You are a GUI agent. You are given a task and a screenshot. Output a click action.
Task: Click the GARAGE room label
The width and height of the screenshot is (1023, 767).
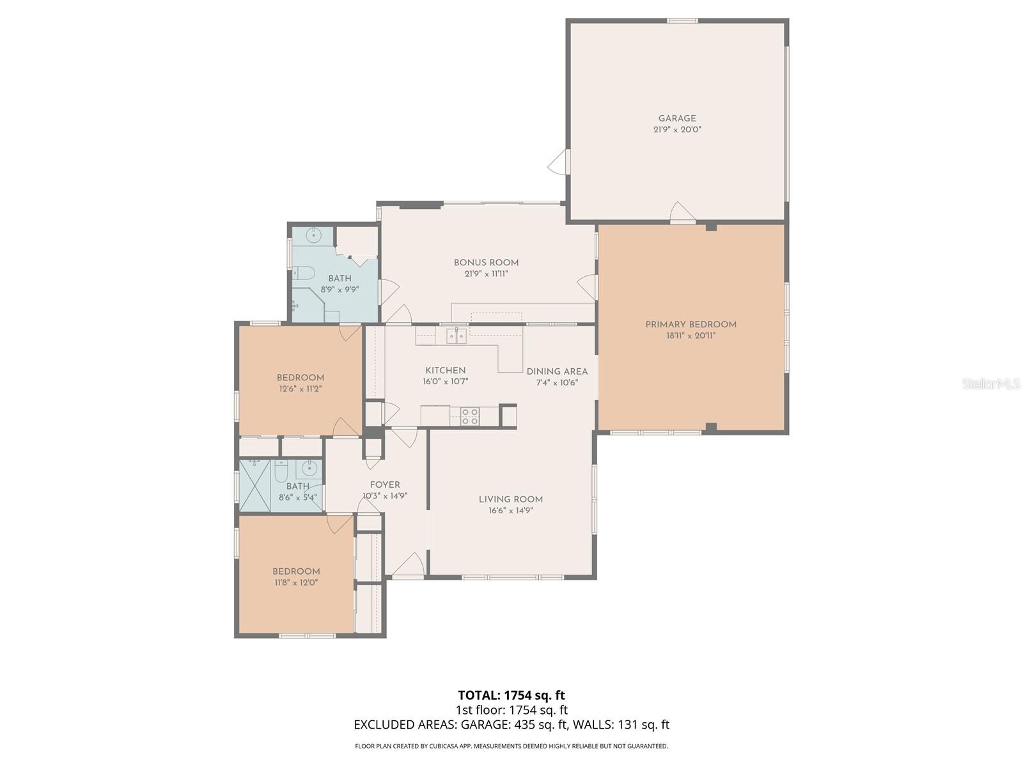[677, 118]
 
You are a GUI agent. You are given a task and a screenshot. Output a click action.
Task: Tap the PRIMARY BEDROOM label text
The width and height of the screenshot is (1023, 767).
[691, 324]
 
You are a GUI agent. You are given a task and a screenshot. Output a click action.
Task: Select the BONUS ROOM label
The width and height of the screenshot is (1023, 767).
[486, 262]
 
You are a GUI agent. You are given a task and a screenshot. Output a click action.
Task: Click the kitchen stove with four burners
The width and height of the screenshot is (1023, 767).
[470, 416]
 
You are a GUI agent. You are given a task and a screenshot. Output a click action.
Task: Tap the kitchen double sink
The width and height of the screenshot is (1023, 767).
[456, 335]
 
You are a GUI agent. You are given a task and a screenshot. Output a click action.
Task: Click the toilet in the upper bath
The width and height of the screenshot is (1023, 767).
[304, 274]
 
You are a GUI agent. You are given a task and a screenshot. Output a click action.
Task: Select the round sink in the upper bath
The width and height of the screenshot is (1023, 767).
[314, 235]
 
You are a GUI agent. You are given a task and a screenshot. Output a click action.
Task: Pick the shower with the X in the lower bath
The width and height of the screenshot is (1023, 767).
[255, 485]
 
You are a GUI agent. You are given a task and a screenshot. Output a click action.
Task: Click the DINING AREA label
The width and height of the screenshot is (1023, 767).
[557, 371]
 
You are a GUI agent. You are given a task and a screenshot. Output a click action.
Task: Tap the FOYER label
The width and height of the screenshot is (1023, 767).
[385, 484]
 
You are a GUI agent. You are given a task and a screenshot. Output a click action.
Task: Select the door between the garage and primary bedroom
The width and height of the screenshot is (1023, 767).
[682, 213]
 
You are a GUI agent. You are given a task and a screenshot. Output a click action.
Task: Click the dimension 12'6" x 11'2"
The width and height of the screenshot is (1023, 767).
[300, 389]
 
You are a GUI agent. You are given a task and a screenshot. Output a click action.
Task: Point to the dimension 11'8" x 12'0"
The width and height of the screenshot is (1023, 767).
[296, 583]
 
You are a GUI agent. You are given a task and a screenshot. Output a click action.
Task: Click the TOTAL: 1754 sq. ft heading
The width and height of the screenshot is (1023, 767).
[511, 695]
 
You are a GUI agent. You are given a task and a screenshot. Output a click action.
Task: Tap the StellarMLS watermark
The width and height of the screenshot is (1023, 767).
[991, 383]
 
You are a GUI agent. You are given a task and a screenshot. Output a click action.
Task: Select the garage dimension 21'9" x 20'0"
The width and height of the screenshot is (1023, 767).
[677, 130]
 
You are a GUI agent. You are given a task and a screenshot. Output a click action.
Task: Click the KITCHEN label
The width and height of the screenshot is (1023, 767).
[446, 370]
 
